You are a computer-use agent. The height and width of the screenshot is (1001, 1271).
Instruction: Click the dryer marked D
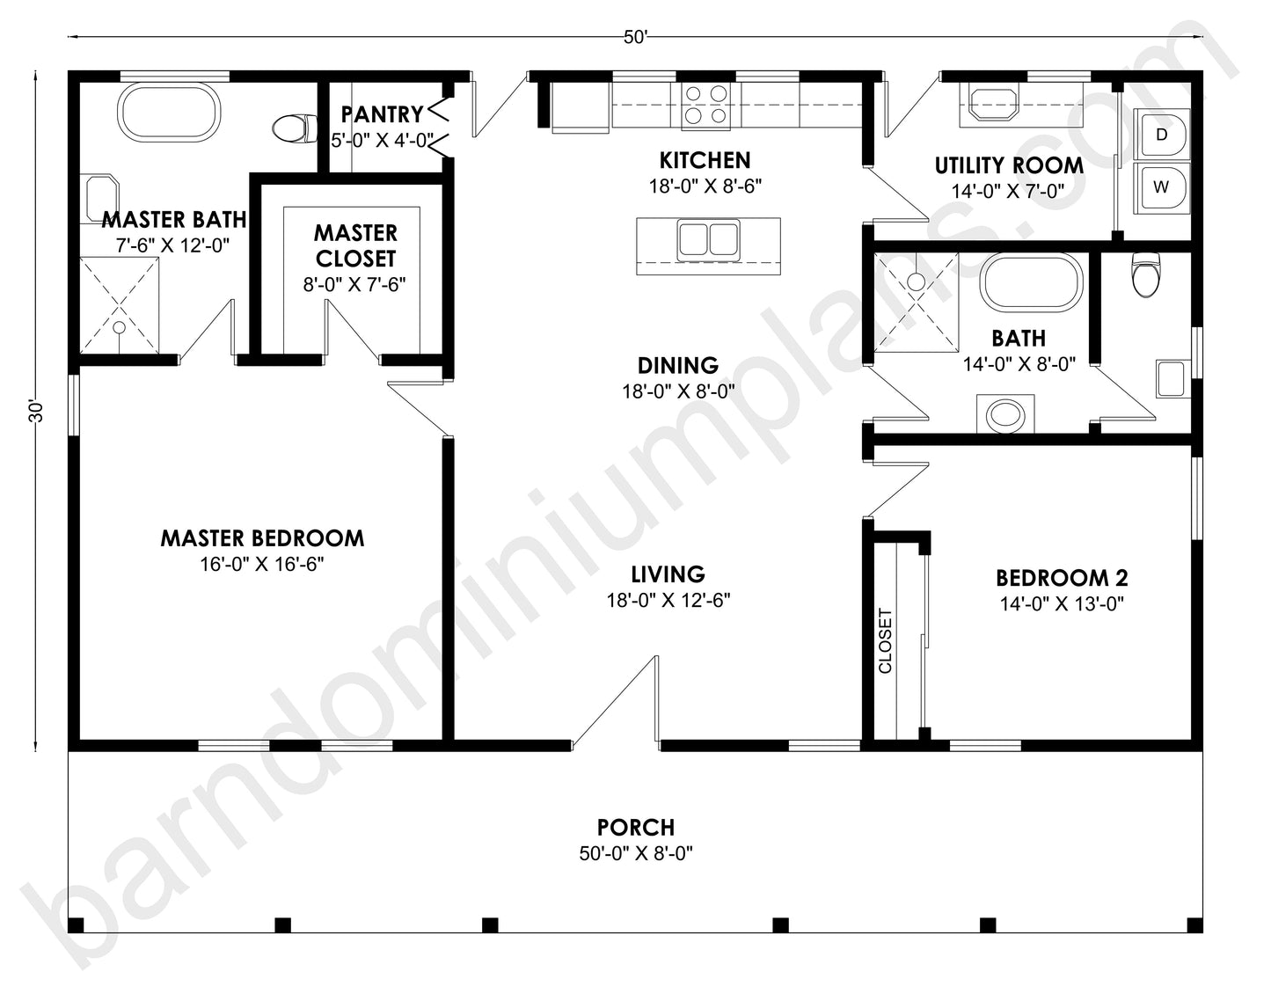click(1162, 135)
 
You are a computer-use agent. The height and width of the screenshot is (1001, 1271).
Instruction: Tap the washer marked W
click(1162, 187)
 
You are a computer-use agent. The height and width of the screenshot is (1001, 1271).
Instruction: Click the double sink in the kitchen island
click(707, 240)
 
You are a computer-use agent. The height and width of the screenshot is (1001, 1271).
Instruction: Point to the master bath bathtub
click(169, 111)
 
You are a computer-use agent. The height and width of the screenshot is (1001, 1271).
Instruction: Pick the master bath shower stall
click(121, 304)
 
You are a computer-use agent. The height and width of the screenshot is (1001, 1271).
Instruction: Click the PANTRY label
click(382, 113)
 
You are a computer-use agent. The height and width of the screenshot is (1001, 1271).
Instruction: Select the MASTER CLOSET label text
click(355, 245)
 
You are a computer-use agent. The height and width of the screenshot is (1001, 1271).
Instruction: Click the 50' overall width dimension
click(635, 37)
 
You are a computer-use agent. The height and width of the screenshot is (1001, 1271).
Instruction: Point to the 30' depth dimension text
click(36, 412)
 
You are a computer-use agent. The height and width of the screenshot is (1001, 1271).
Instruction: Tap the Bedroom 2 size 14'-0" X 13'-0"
click(1062, 604)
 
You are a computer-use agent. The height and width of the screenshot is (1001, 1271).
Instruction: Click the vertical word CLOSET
click(885, 640)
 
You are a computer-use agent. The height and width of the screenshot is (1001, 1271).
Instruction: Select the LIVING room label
click(668, 574)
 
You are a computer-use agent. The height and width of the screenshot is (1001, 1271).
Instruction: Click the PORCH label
click(636, 827)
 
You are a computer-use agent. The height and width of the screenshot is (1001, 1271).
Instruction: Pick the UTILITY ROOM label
click(1008, 165)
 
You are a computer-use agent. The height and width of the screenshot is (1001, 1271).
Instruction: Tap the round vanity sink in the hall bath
click(1004, 414)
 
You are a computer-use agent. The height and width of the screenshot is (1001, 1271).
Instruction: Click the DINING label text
click(677, 365)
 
